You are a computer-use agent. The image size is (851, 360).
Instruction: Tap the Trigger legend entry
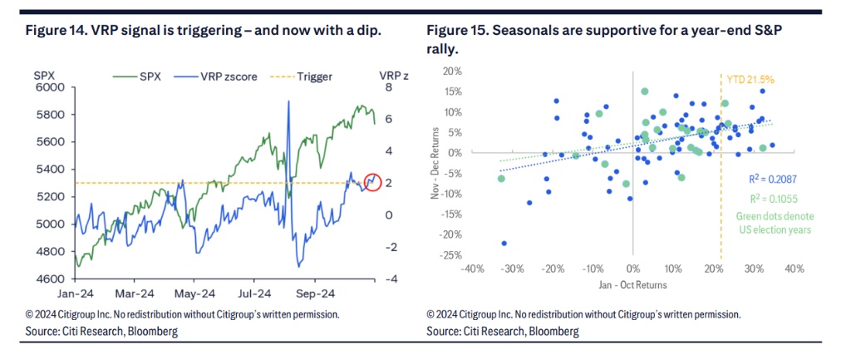(308, 76)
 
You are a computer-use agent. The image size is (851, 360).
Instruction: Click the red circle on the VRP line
(372, 180)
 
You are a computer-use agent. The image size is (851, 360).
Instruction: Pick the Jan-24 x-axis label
(77, 294)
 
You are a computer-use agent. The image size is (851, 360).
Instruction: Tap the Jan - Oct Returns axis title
(632, 284)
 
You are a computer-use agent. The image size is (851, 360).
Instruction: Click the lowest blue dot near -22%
(504, 244)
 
